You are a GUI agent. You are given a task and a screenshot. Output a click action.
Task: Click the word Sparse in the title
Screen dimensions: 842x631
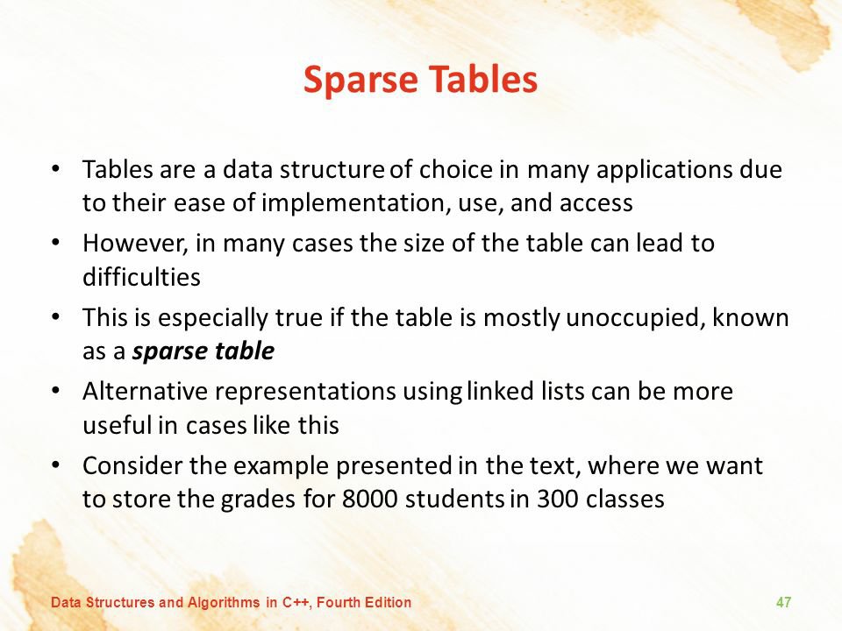point(360,81)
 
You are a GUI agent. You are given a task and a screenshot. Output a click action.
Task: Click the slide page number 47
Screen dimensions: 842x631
point(783,602)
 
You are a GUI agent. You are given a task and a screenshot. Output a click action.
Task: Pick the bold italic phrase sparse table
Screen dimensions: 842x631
point(203,351)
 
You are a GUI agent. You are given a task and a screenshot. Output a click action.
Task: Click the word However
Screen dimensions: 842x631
point(135,244)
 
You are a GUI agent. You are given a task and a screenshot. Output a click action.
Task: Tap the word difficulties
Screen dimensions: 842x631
point(141,277)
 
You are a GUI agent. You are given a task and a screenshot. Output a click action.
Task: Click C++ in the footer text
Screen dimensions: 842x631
point(296,603)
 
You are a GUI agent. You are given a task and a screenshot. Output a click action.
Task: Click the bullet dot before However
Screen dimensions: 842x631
point(54,242)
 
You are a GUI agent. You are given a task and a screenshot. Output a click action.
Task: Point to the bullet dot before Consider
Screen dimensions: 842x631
point(54,464)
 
